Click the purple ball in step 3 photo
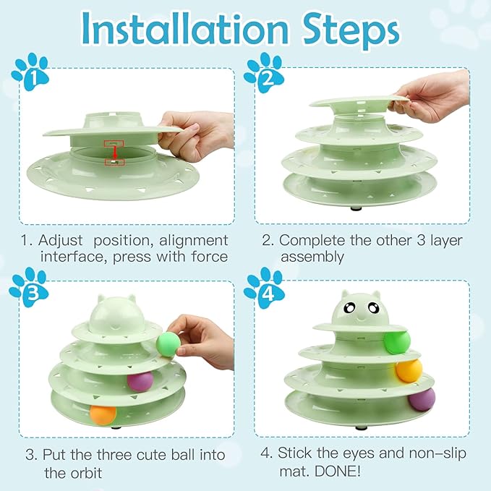[x=140, y=381]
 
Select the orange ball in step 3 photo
[x=103, y=414]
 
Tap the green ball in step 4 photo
[x=397, y=341]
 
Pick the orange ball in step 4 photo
[x=409, y=370]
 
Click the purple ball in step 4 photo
[x=422, y=398]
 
